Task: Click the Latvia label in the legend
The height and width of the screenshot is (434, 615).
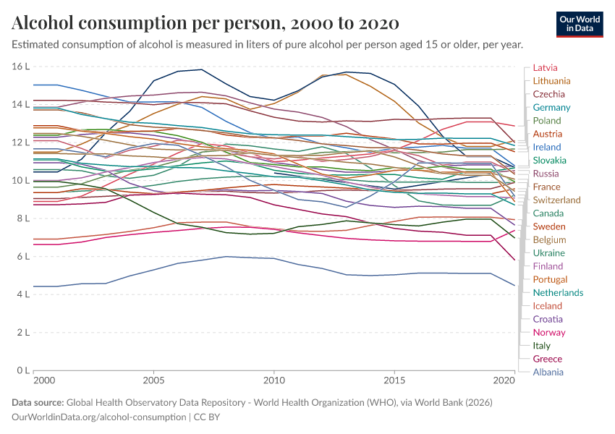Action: point(545,68)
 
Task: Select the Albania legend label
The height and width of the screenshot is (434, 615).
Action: point(548,373)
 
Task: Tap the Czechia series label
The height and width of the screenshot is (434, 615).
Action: point(548,95)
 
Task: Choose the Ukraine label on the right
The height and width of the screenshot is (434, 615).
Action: point(548,253)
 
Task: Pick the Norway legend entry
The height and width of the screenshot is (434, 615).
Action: point(548,333)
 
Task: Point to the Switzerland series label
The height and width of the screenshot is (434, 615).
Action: point(556,200)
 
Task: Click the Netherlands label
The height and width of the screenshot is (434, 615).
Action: point(558,293)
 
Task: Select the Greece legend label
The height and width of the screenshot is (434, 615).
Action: point(547,359)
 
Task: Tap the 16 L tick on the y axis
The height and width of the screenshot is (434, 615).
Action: point(20,67)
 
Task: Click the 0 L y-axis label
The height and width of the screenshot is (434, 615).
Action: point(23,371)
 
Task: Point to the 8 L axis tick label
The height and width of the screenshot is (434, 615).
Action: point(23,218)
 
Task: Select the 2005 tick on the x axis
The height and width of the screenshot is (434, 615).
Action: point(153,380)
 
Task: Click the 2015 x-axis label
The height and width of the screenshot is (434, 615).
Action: point(394,380)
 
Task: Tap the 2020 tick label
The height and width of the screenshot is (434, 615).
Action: point(504,380)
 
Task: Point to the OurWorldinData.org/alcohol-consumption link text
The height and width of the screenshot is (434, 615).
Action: point(99,417)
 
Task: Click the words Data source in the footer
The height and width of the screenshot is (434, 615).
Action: point(38,403)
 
